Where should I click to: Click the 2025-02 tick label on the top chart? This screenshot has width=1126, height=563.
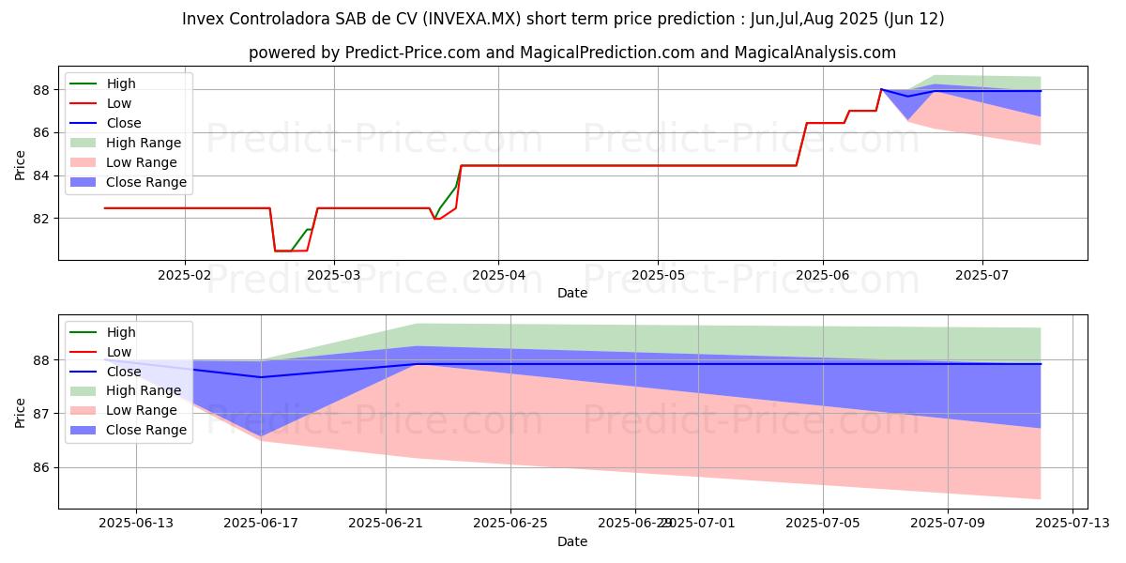(x=184, y=274)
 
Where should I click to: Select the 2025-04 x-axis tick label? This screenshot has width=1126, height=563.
(x=497, y=274)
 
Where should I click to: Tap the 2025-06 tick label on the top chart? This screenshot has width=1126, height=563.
(x=823, y=274)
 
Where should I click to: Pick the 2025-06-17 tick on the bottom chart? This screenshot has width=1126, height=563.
(x=261, y=523)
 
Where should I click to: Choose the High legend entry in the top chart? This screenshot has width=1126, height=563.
(x=121, y=84)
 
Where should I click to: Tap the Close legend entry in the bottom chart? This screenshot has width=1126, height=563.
(x=124, y=371)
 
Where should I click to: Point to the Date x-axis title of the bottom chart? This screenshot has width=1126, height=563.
(x=572, y=541)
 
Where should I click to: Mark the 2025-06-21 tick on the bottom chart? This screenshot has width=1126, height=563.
(x=386, y=523)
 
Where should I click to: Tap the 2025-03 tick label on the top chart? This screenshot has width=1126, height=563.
(x=334, y=274)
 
